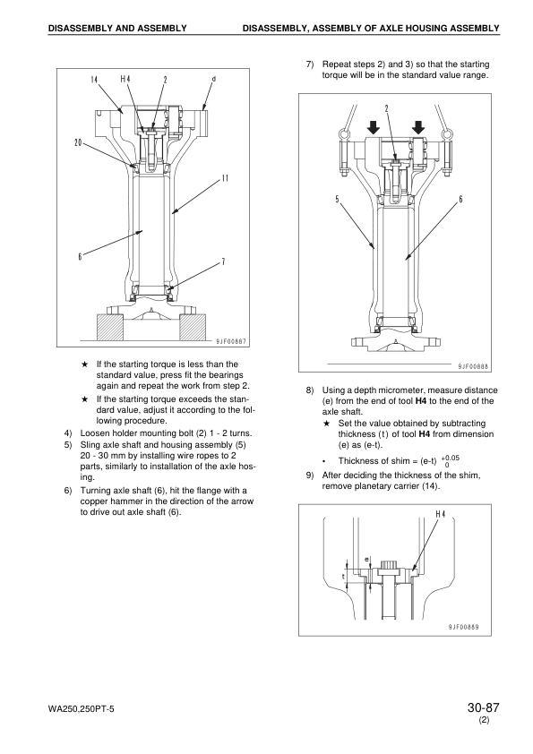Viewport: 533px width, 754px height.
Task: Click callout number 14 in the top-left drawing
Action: pos(94,80)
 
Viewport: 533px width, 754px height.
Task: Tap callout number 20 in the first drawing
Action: pos(78,142)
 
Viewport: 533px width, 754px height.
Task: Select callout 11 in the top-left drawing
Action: pos(225,178)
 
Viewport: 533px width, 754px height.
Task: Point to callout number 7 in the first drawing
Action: pos(223,261)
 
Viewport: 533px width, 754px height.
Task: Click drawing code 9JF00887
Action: pos(231,341)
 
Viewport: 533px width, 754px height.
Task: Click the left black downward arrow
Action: pos(374,127)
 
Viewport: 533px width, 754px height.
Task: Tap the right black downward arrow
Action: pos(418,127)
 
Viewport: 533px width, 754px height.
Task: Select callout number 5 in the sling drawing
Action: pos(337,199)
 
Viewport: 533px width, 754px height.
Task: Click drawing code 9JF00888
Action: pos(473,366)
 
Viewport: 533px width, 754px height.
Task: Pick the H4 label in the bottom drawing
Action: pos(440,514)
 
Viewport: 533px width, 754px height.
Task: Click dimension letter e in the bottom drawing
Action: pos(366,560)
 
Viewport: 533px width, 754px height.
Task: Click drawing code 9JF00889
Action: pos(463,627)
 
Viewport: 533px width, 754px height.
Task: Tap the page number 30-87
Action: pos(483,707)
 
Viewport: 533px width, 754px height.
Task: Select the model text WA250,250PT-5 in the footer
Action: pos(82,709)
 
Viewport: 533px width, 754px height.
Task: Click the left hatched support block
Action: pos(110,327)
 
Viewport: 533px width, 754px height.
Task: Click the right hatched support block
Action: pos(193,327)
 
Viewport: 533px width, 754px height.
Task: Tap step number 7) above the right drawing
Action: pos(310,64)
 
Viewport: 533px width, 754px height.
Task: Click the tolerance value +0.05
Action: pos(451,458)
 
